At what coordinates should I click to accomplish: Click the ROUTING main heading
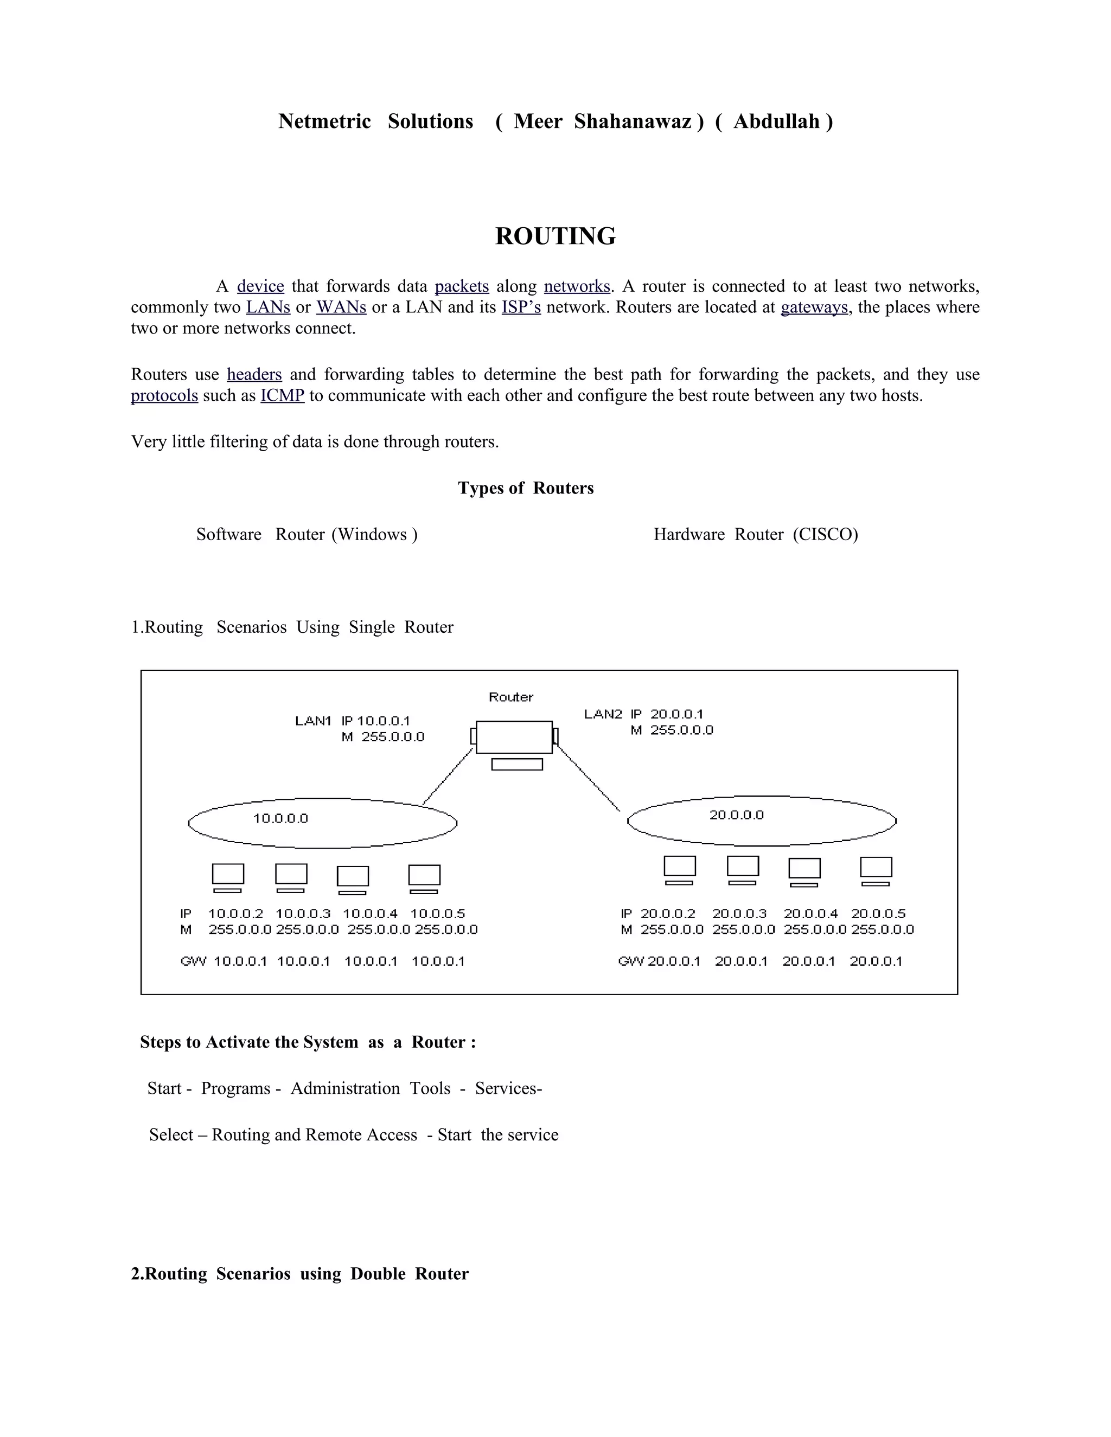pyautogui.click(x=555, y=236)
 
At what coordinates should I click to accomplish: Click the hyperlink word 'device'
pyautogui.click(x=260, y=286)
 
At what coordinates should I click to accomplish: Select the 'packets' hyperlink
pyautogui.click(x=462, y=286)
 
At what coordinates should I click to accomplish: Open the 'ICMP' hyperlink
pyautogui.click(x=282, y=395)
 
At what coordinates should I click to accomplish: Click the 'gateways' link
pyautogui.click(x=814, y=307)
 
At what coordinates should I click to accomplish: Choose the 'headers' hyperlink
pyautogui.click(x=254, y=374)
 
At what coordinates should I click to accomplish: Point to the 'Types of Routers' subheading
pyautogui.click(x=525, y=487)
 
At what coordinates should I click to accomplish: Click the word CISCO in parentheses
pyautogui.click(x=825, y=534)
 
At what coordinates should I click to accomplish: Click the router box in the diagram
pyautogui.click(x=514, y=737)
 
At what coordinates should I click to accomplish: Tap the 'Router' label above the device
pyautogui.click(x=510, y=697)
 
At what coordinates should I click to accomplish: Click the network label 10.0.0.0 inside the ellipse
pyautogui.click(x=280, y=818)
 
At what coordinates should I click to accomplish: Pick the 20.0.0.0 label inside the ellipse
pyautogui.click(x=737, y=815)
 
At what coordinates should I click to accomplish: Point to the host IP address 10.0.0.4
pyautogui.click(x=370, y=913)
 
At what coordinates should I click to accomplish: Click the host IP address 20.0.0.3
pyautogui.click(x=739, y=913)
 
